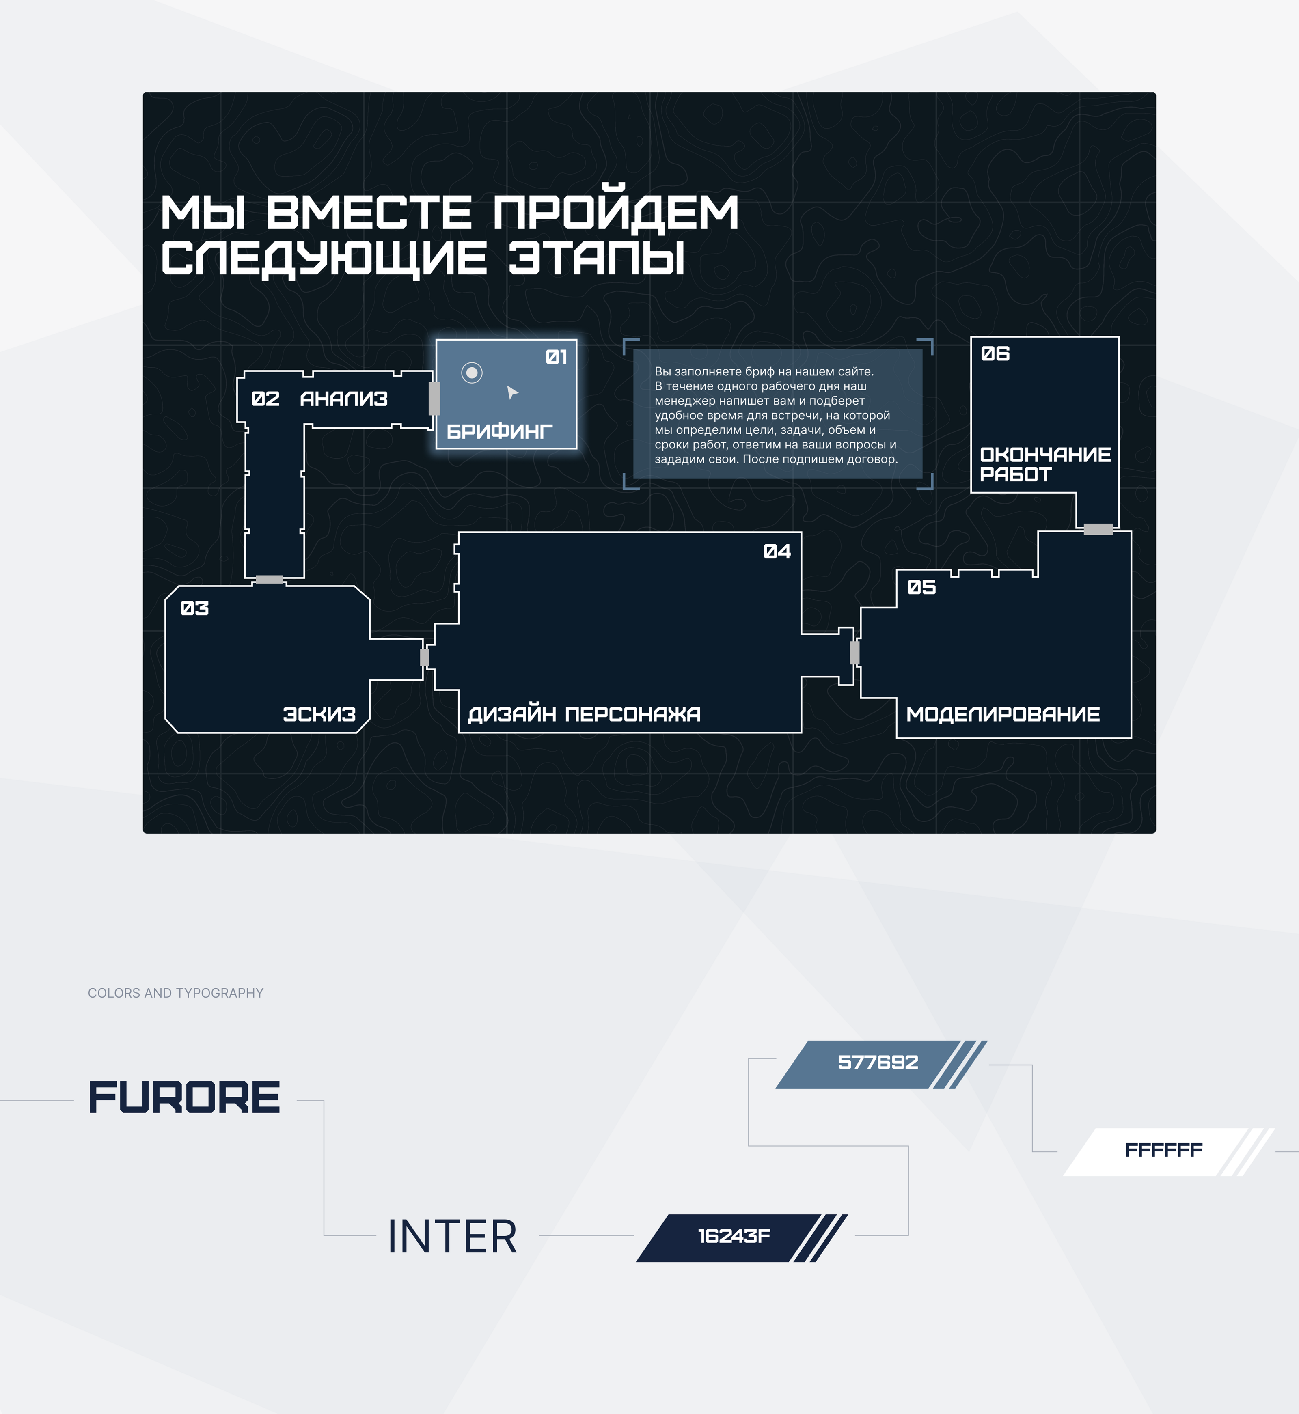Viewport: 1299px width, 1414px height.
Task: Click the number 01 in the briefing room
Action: pos(556,358)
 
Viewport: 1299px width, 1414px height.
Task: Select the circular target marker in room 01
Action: pos(472,373)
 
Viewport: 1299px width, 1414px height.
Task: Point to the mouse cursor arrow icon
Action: pos(512,392)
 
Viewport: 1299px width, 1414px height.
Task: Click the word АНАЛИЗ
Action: pos(344,399)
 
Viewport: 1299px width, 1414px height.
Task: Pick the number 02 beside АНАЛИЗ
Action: pos(265,399)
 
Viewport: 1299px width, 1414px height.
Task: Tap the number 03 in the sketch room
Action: pos(195,609)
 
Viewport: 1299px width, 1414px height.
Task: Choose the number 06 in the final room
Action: pos(995,353)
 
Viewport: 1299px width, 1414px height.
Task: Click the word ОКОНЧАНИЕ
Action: pos(1045,455)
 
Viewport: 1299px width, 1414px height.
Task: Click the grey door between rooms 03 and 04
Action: pos(425,658)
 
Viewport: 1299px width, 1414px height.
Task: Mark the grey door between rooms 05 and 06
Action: pos(1098,529)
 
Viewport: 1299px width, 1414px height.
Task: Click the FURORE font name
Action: pos(184,1098)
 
